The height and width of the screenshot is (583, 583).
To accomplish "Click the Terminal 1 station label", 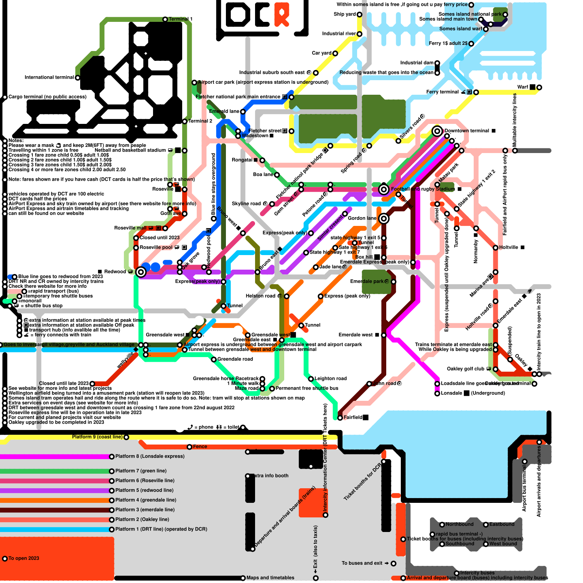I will pyautogui.click(x=180, y=19).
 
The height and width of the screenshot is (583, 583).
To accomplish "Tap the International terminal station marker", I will pyautogui.click(x=78, y=78).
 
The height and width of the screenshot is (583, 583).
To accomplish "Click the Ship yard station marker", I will pyautogui.click(x=359, y=15).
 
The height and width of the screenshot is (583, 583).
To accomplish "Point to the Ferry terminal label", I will pyautogui.click(x=442, y=92).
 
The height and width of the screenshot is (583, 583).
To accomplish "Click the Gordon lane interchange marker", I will pyautogui.click(x=384, y=219).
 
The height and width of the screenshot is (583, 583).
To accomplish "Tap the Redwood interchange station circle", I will pyautogui.click(x=141, y=272).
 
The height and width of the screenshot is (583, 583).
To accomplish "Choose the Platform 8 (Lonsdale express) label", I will pyautogui.click(x=150, y=456).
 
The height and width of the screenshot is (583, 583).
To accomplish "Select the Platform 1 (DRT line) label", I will pyautogui.click(x=161, y=529).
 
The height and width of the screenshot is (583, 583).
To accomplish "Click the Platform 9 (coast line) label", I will pyautogui.click(x=97, y=437).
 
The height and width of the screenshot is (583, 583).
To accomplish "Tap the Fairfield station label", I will pyautogui.click(x=353, y=417).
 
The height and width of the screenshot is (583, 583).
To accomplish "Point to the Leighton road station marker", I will pyautogui.click(x=311, y=379).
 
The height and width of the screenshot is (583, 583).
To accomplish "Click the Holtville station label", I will pyautogui.click(x=508, y=247).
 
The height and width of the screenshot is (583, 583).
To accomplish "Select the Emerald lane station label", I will pyautogui.click(x=224, y=111).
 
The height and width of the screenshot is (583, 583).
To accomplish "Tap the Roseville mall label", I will pyautogui.click(x=130, y=228).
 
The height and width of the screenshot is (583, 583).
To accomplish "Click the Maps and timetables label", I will pyautogui.click(x=270, y=578).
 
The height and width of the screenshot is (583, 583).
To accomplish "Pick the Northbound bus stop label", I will pyautogui.click(x=459, y=524).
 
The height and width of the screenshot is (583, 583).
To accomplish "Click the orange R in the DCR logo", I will pyautogui.click(x=282, y=15).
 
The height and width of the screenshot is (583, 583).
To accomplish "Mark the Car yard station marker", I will pyautogui.click(x=335, y=53).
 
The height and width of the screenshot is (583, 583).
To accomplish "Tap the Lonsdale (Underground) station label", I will pyautogui.click(x=473, y=393).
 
